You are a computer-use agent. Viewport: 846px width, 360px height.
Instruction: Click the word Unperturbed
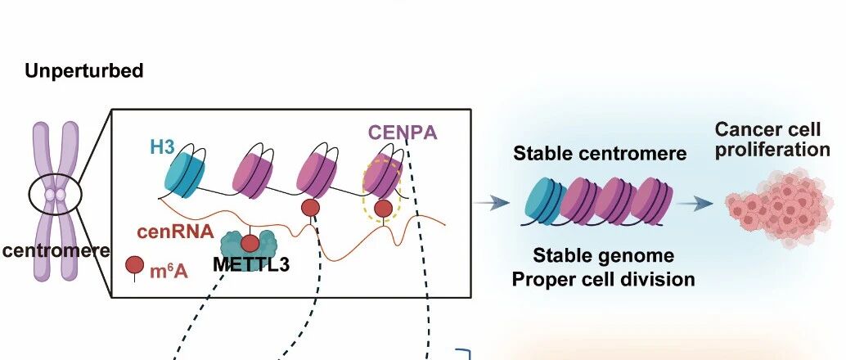point(84,70)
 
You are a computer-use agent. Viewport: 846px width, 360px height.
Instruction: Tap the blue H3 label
point(162,147)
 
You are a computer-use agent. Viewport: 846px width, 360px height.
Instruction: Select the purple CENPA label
point(402,133)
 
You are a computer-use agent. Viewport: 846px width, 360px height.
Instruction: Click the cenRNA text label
point(175,232)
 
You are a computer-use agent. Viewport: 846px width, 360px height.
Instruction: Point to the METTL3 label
point(251,264)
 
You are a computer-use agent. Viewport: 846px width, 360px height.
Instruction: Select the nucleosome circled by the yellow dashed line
point(383,177)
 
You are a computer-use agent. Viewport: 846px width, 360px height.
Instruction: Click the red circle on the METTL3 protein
point(250,244)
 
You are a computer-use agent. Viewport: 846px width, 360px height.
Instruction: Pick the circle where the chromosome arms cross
point(55,194)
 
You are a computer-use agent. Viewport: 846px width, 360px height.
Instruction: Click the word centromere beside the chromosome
point(55,250)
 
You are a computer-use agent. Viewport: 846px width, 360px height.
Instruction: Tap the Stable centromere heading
point(600,154)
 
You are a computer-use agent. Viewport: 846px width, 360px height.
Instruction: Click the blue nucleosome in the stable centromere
point(545,202)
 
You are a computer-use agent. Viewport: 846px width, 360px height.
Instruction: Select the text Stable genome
point(603,255)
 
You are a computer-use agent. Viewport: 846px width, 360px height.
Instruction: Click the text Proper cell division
point(603,280)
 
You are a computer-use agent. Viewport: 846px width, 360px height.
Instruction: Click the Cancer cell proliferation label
point(772,140)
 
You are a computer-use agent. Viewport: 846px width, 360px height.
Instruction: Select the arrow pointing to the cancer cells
point(695,204)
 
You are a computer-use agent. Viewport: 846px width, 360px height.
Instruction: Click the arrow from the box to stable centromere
point(492,203)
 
